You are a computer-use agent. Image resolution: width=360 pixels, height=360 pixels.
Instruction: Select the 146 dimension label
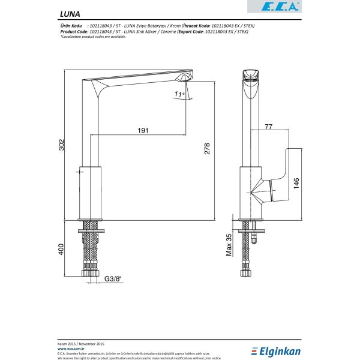click(x=297, y=183)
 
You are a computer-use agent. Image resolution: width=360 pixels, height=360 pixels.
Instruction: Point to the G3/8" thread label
click(x=113, y=278)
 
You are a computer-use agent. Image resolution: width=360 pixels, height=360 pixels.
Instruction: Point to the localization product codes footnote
click(x=93, y=37)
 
